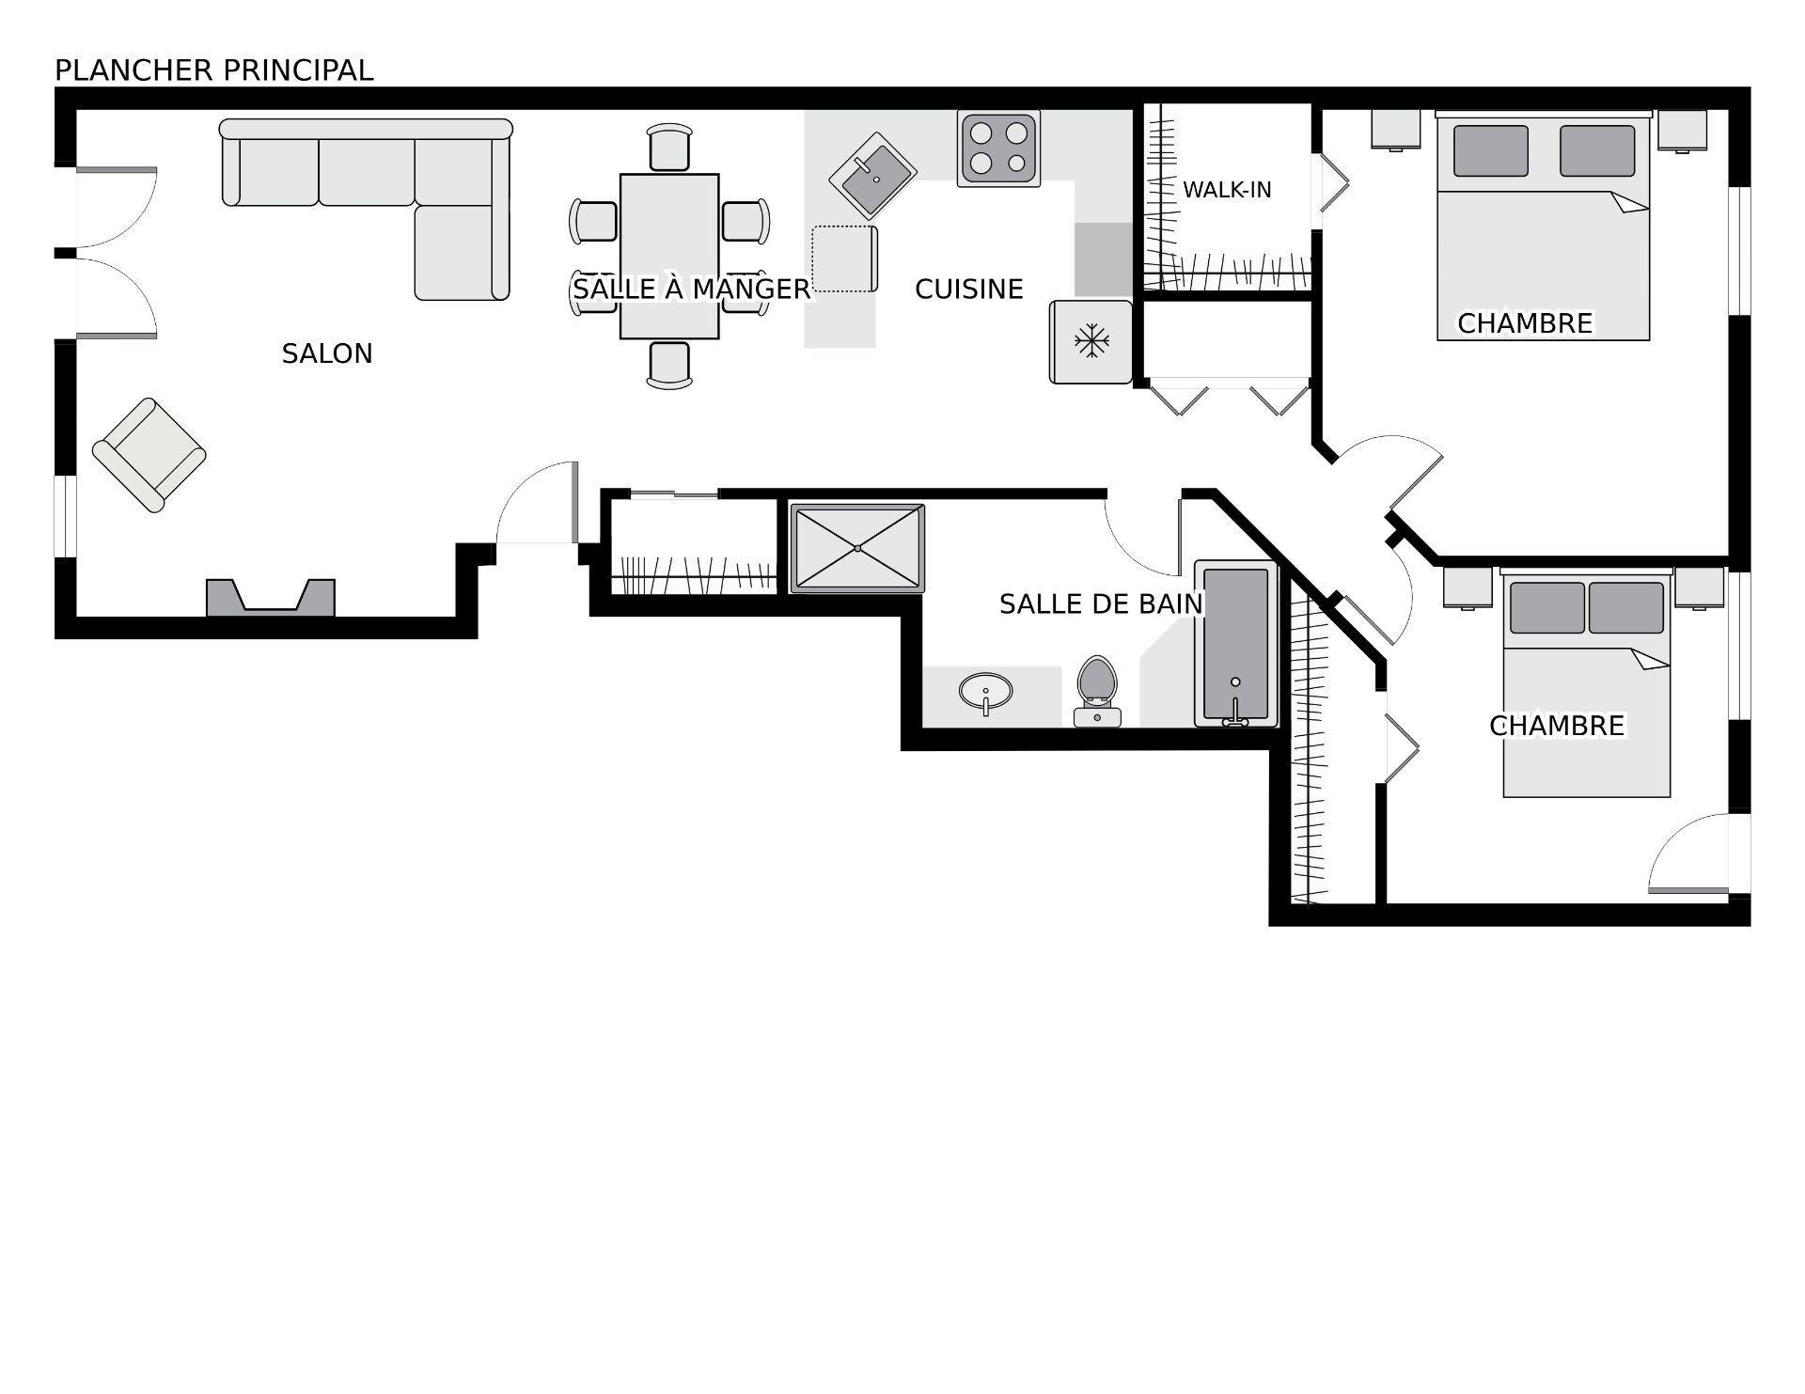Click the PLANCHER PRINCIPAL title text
[213, 70]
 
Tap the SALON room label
[327, 353]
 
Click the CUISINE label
[968, 290]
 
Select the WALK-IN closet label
[1226, 190]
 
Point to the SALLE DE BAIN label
[1100, 604]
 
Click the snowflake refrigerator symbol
[1091, 341]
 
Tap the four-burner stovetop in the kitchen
[998, 149]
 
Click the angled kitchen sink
[872, 176]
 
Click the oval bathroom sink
[985, 692]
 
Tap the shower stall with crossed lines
[856, 549]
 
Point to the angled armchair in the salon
[149, 454]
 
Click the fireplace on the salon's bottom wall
[271, 598]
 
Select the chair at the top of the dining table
[669, 149]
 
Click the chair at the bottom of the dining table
[669, 364]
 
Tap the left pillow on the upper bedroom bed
[1490, 151]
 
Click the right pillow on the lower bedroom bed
[1625, 608]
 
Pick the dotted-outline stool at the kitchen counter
[844, 258]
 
